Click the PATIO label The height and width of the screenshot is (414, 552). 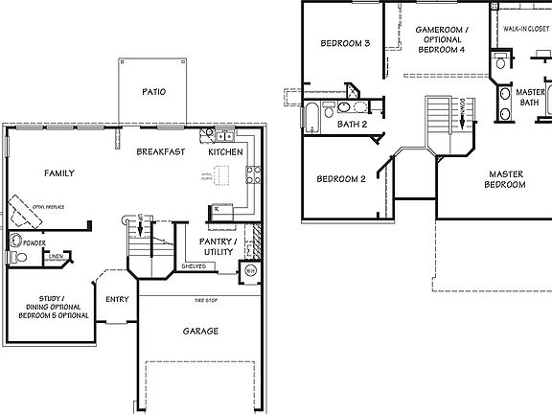point(153,93)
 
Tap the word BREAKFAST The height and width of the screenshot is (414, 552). point(160,152)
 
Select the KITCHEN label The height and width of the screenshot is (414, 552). point(226,152)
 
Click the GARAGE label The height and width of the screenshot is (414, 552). point(200,332)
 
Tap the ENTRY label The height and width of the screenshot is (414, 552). point(117,299)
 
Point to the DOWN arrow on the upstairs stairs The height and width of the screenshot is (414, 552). point(462,111)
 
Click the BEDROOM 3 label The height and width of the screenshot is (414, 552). point(344,43)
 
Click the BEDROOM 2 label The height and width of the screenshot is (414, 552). point(342,179)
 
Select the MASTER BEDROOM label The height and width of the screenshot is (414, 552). point(505,179)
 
